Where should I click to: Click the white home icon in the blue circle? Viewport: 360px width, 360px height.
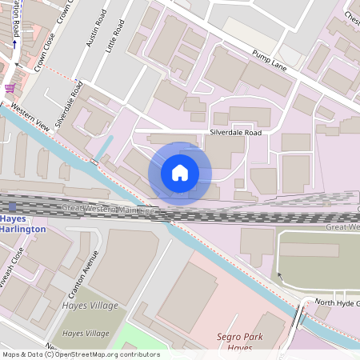click(x=180, y=173)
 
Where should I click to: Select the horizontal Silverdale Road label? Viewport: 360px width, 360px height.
click(x=236, y=132)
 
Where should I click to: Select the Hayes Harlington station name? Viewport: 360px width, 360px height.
click(x=22, y=223)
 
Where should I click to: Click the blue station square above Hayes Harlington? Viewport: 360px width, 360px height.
click(x=11, y=207)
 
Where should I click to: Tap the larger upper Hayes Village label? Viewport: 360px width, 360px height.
click(x=90, y=306)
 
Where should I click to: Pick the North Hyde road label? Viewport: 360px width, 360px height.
click(x=335, y=303)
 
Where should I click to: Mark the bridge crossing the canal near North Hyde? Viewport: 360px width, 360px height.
click(x=298, y=318)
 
